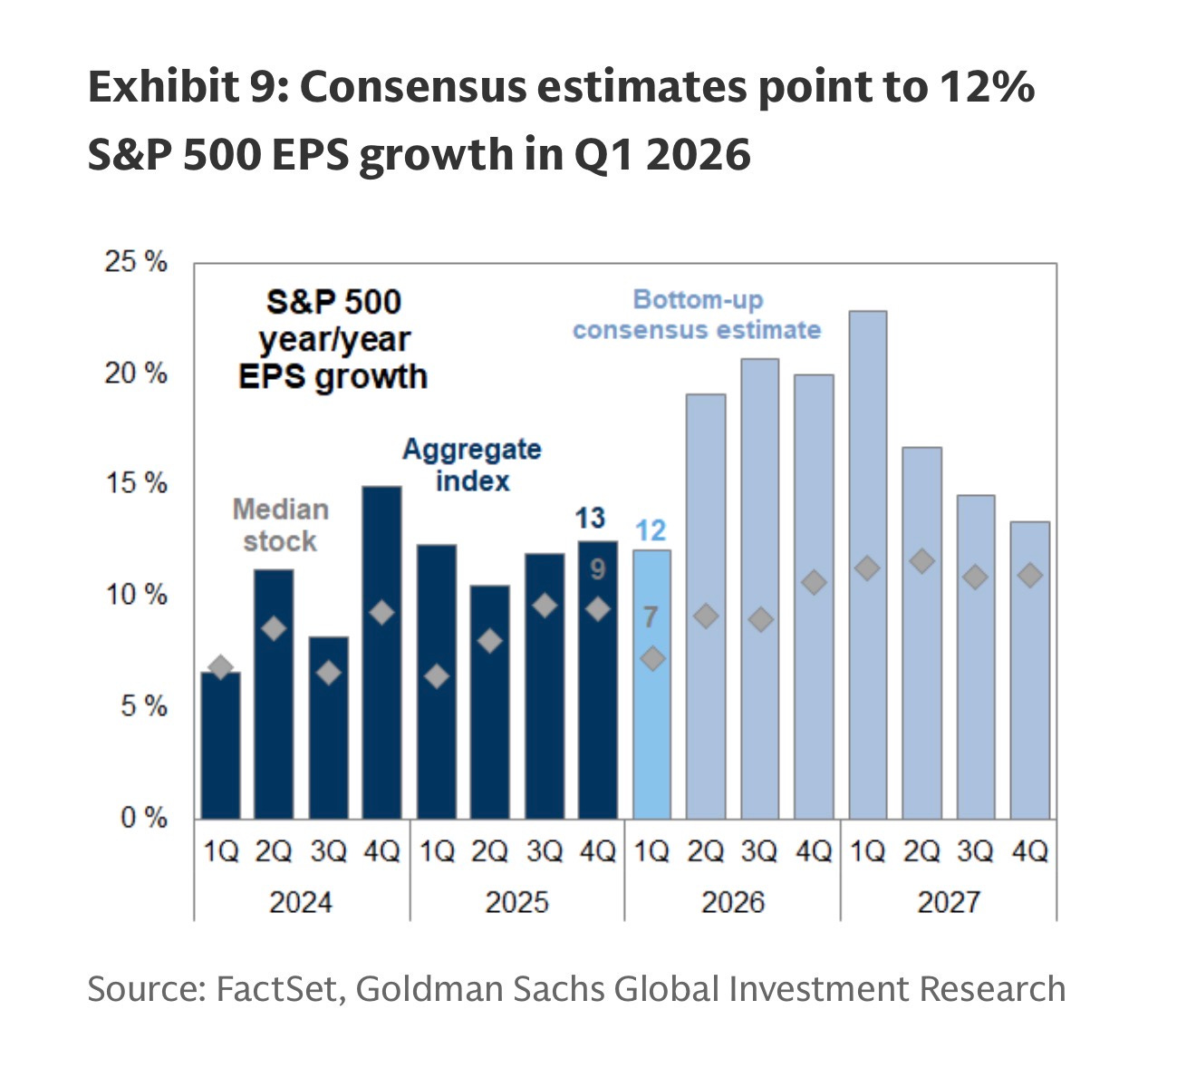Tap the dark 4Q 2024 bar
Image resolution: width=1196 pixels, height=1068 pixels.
pyautogui.click(x=381, y=653)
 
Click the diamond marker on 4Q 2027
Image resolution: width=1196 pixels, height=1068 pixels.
pyautogui.click(x=1029, y=576)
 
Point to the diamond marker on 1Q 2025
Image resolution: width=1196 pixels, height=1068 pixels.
pyautogui.click(x=437, y=676)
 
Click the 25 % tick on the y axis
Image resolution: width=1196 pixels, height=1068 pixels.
pyautogui.click(x=136, y=263)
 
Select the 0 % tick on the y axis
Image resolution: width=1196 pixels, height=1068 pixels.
pyautogui.click(x=144, y=818)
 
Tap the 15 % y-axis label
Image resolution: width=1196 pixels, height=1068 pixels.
pyautogui.click(x=136, y=483)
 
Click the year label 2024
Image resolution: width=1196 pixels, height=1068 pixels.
pyautogui.click(x=301, y=902)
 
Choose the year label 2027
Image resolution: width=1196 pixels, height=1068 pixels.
pyautogui.click(x=949, y=902)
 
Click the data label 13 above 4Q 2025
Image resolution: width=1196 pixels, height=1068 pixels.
pyautogui.click(x=590, y=518)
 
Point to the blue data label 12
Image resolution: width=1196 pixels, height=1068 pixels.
pyautogui.click(x=651, y=530)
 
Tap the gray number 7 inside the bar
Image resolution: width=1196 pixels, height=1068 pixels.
pyautogui.click(x=651, y=617)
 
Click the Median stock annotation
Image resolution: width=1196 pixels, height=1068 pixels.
pyautogui.click(x=280, y=525)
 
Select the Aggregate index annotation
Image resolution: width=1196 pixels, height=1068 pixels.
pyautogui.click(x=472, y=464)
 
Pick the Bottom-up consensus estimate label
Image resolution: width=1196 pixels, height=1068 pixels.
pyautogui.click(x=697, y=315)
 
